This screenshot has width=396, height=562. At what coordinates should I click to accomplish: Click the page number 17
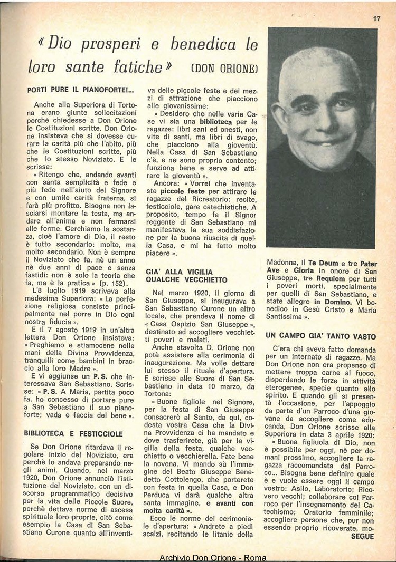click(376, 18)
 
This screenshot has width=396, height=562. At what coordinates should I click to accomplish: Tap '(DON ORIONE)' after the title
click(224, 69)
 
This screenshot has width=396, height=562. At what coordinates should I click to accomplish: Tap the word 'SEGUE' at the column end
click(362, 537)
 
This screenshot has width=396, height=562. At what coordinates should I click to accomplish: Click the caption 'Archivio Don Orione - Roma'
click(213, 557)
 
